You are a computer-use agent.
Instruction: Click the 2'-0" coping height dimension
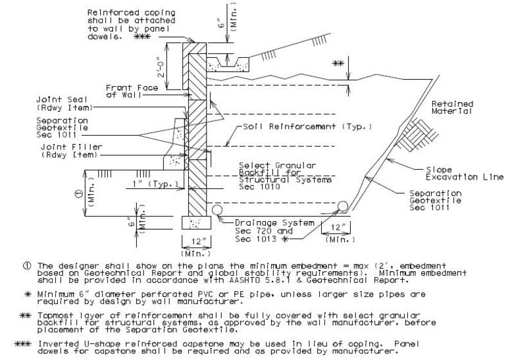point(162,66)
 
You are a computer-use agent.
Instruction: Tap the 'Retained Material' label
point(452,107)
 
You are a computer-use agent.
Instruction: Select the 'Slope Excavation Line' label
point(465,173)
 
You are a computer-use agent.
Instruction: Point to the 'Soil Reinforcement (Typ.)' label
point(307,126)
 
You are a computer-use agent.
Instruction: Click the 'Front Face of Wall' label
point(132,91)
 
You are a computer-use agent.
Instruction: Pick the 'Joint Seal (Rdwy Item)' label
point(64,103)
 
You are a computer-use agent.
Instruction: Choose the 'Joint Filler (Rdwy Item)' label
point(71,151)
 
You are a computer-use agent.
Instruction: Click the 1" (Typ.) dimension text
point(156,184)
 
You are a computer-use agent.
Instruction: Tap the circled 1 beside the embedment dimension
point(79,194)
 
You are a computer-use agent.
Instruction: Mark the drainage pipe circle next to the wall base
point(217,210)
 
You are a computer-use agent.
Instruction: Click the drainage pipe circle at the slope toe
point(342,206)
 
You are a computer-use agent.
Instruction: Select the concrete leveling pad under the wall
point(196,222)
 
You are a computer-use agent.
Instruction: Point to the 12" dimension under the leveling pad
point(196,242)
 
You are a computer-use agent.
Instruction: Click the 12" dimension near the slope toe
point(336,227)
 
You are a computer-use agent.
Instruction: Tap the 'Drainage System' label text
point(274,222)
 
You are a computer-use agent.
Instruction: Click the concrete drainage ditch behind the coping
point(228,64)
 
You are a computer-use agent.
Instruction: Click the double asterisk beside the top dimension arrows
point(338,63)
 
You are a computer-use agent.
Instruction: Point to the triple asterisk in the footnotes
point(23,344)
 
